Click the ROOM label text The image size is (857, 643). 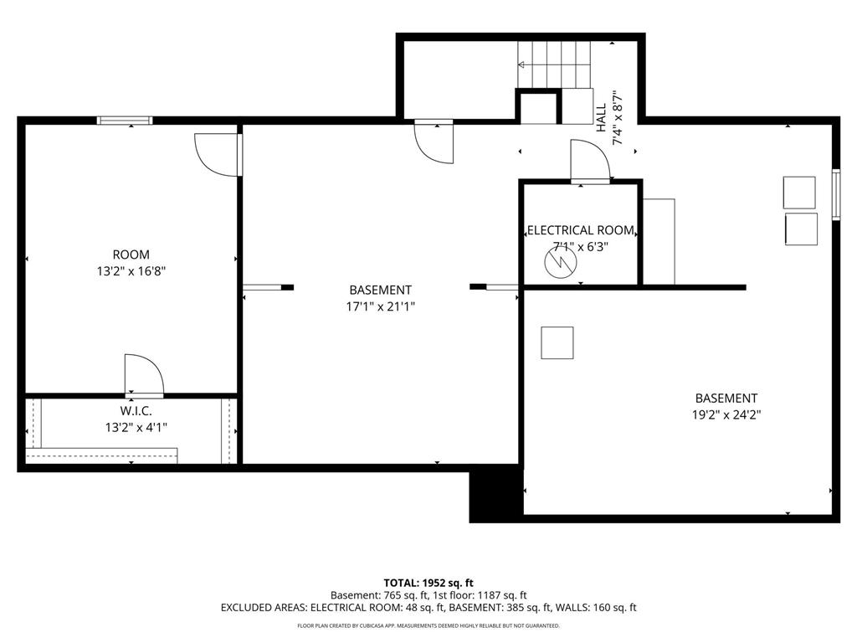point(131,255)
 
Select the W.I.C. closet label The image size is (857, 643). point(136,410)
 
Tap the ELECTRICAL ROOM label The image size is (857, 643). point(581,230)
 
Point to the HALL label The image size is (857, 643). point(601,117)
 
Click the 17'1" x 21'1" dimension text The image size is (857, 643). point(381,306)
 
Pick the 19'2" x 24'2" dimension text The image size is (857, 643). point(726,415)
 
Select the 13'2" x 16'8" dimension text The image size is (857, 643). point(131,271)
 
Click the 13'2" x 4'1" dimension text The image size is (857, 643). point(136,427)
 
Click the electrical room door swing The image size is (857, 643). point(590,160)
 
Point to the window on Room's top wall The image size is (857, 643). point(125,121)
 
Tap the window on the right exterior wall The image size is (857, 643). point(836,195)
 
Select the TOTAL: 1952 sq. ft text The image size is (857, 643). point(428,583)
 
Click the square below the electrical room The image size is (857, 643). point(557,342)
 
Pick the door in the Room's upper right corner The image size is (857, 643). point(218,155)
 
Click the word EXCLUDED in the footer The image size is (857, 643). point(245,608)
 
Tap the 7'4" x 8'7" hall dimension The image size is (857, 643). point(618,117)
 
